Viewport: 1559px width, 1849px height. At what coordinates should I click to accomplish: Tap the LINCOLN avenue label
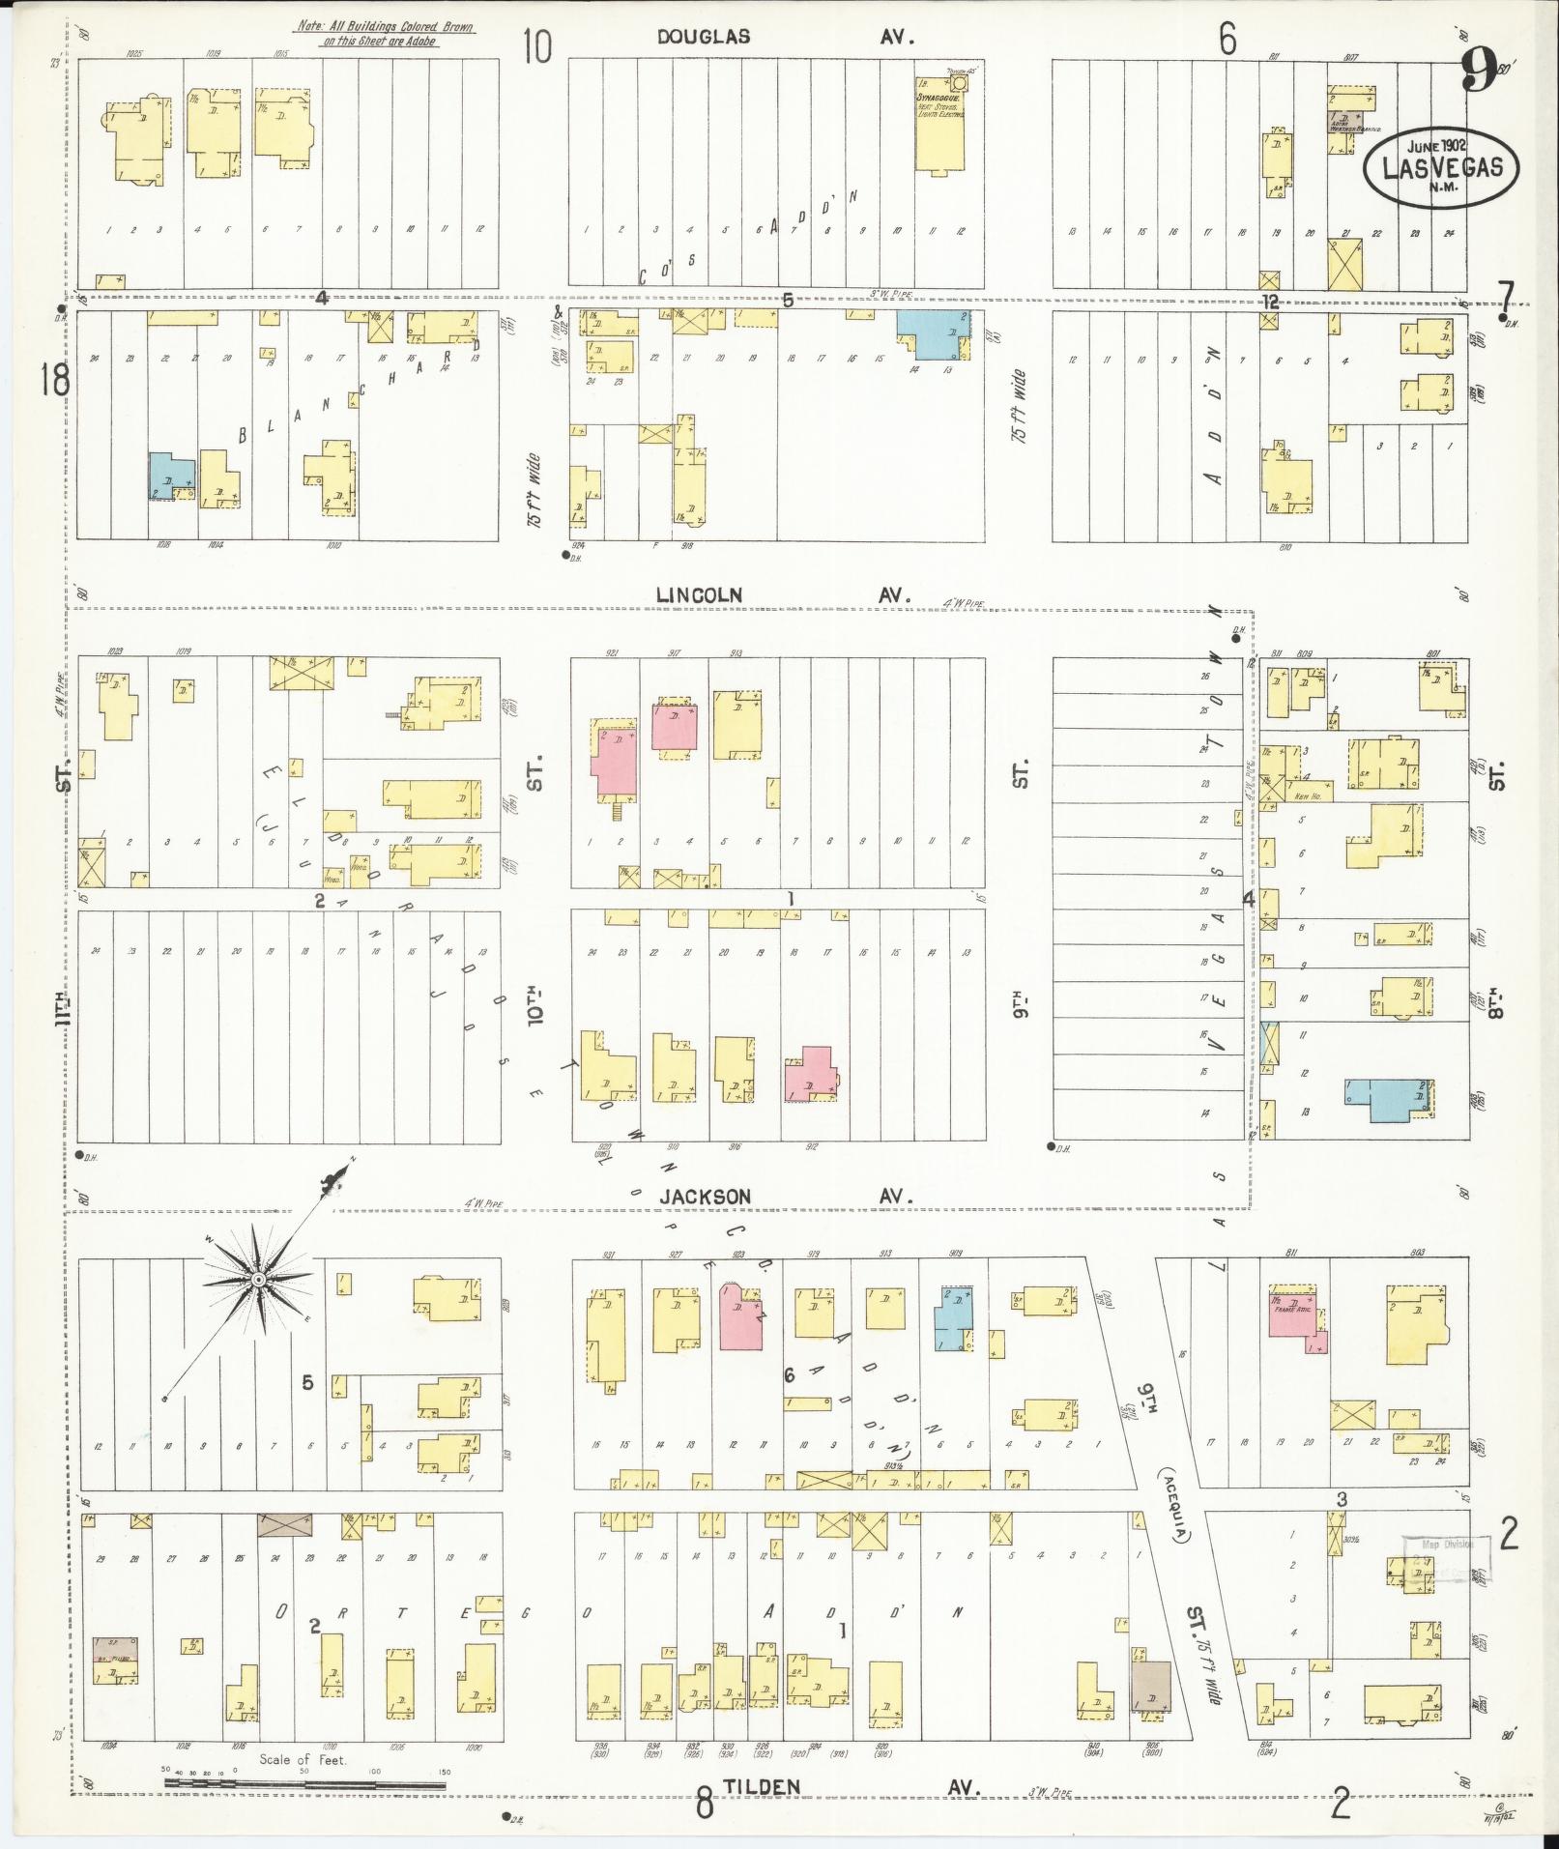[699, 595]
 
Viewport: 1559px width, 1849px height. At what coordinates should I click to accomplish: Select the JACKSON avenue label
[705, 1197]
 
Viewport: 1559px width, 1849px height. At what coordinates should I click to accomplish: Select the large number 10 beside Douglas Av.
[537, 44]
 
